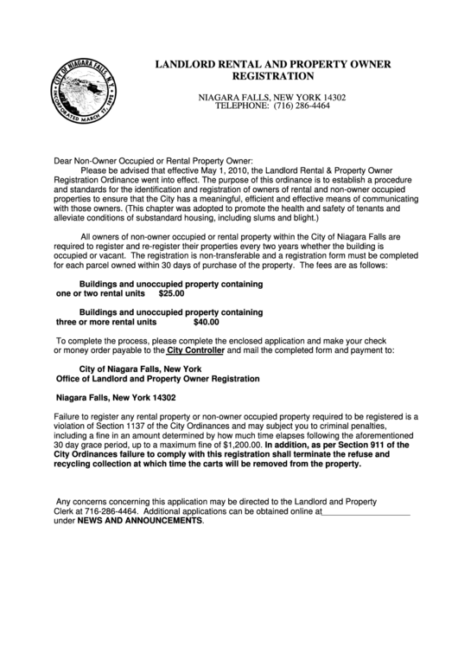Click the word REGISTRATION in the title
pos(273,76)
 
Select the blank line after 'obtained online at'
pos(366,511)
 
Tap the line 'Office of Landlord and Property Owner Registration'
pos(157,379)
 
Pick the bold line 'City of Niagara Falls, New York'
pos(134,369)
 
